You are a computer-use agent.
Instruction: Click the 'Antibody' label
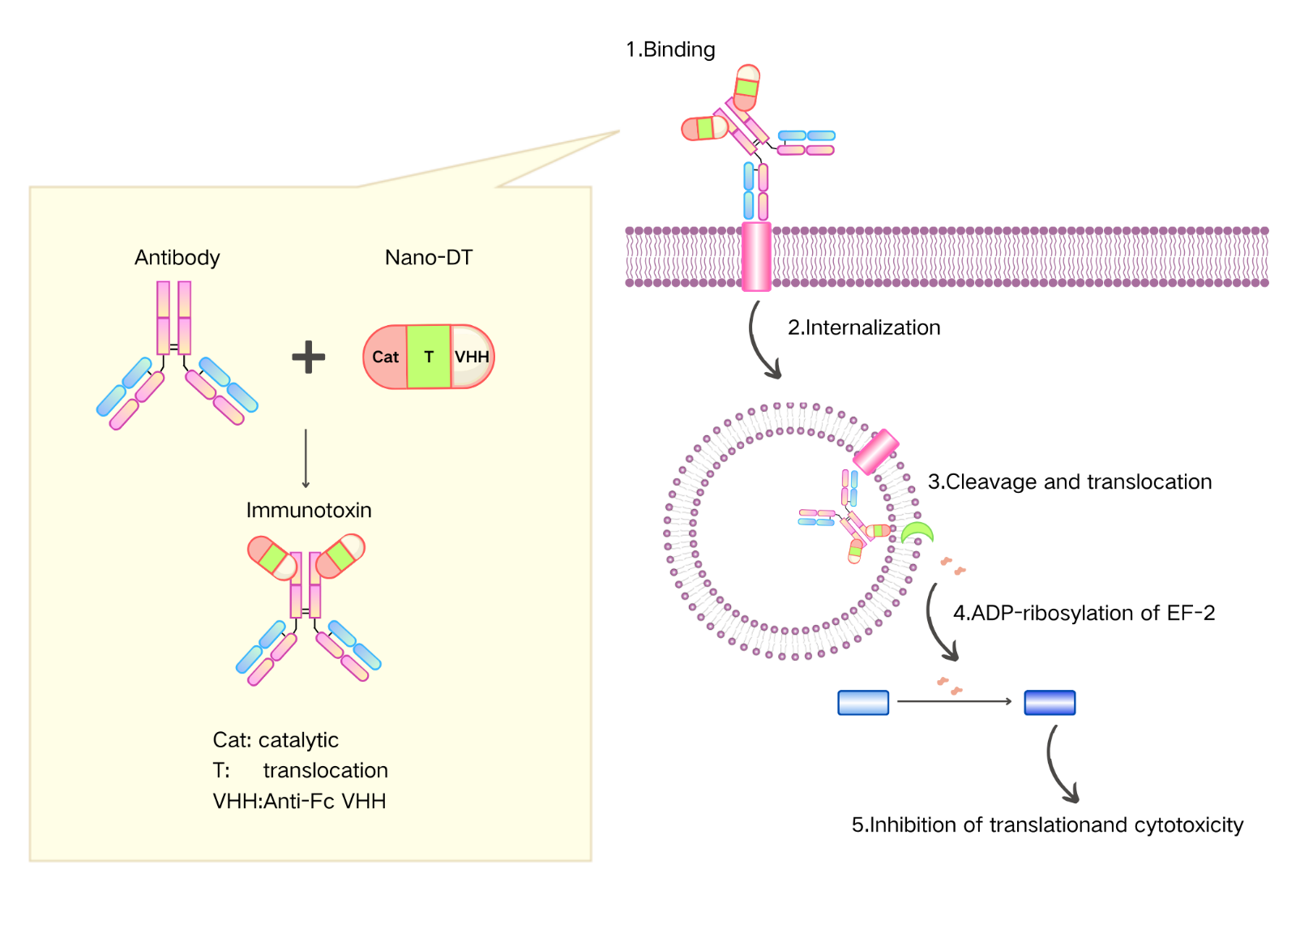pos(177,258)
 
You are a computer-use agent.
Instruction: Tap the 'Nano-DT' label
pos(428,258)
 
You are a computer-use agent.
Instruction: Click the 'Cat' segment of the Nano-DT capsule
pos(385,357)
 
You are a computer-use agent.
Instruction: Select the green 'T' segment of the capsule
pos(429,357)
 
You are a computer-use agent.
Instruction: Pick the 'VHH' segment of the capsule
pos(473,357)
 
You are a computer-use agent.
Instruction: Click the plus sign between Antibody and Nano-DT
pos(308,357)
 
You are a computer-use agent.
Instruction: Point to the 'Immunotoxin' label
pos(309,511)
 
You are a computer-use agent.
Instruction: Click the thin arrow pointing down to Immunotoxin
pos(306,459)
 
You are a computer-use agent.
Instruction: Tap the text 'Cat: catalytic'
pos(276,740)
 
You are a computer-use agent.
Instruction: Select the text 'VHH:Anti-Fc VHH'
pos(299,802)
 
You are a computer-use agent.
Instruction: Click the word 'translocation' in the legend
pos(325,771)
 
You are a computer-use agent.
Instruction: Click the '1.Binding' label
pos(670,50)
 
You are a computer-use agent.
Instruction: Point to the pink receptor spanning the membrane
pos(756,257)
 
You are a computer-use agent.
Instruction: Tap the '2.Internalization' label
pos(864,328)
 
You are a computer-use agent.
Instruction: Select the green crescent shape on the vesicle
pos(917,533)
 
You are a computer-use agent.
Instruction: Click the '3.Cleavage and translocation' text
pos(1070,482)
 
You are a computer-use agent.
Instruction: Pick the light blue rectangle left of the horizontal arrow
pos(863,703)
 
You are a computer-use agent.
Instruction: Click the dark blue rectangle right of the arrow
pos(1050,703)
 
